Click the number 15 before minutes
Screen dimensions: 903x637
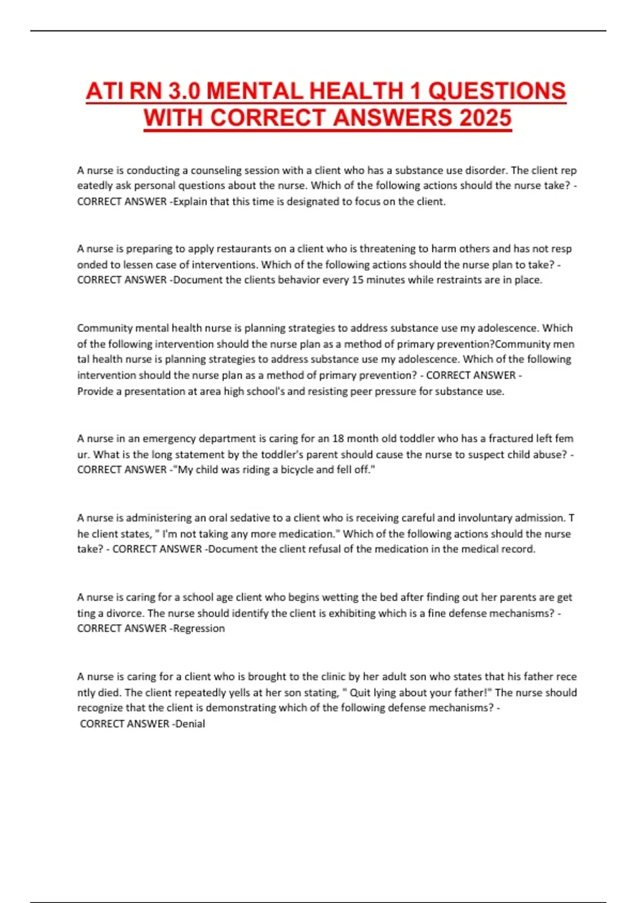pyautogui.click(x=357, y=280)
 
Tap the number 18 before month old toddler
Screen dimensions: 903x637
pyautogui.click(x=338, y=439)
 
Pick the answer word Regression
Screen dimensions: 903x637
pyautogui.click(x=199, y=628)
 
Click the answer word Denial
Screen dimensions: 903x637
pyautogui.click(x=190, y=723)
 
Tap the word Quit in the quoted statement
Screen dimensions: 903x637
pyautogui.click(x=359, y=693)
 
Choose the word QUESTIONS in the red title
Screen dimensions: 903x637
pyautogui.click(x=497, y=91)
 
